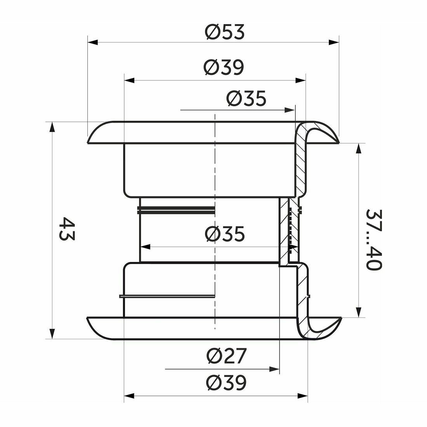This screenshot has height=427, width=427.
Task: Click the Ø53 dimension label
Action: pos(225,32)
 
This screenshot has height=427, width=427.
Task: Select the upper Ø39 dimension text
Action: pos(224,67)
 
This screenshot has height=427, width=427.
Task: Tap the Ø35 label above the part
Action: pos(246,98)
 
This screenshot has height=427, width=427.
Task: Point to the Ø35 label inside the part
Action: pos(225,234)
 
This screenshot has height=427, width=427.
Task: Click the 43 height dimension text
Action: pos(66,228)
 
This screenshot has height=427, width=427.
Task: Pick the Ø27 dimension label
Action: pos(226,356)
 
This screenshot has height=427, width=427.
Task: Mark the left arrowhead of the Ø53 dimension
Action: pos(93,42)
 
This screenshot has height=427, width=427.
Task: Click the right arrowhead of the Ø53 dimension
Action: pos(334,42)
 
